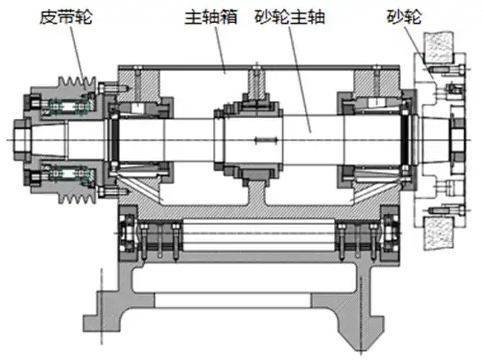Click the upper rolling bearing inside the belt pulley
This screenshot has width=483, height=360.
(x=65, y=107)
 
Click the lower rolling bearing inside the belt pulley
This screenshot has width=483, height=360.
(x=65, y=172)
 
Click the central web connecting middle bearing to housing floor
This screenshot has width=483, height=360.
(x=256, y=194)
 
